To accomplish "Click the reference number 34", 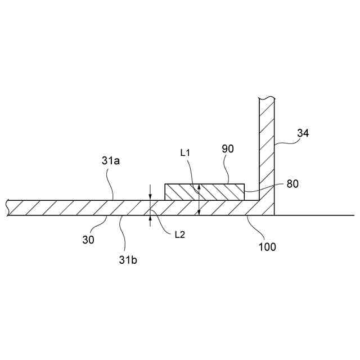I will coord(303,134).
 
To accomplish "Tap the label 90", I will coord(228,149).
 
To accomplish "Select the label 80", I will coord(292,183).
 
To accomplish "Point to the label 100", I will coord(267,246).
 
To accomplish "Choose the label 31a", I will coord(111,161).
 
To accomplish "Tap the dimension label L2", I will coord(179,234).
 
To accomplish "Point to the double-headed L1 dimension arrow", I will coord(199,200).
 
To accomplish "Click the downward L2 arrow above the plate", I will coord(150,192).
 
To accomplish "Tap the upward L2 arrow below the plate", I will coord(150,220).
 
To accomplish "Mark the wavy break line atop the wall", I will coord(266,99).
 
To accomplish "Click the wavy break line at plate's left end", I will coord(8,208).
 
